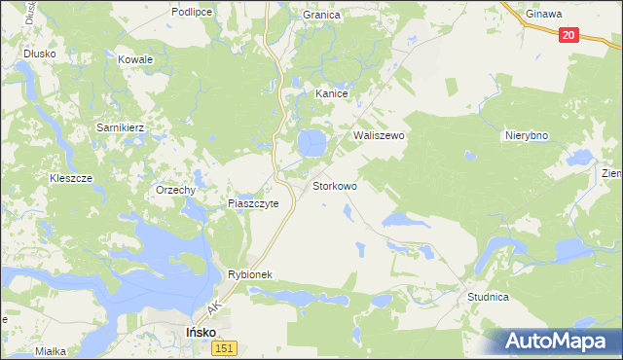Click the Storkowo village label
click(x=335, y=185)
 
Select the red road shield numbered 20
click(x=569, y=35)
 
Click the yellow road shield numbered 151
click(x=225, y=348)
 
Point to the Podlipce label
click(x=193, y=11)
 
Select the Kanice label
click(x=332, y=94)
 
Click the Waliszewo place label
click(x=379, y=136)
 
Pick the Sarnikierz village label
click(x=120, y=127)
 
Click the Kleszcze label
click(x=71, y=179)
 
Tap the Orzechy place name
click(x=176, y=191)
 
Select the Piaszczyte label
click(x=253, y=204)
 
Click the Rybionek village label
click(x=255, y=275)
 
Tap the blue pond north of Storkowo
click(x=311, y=144)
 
